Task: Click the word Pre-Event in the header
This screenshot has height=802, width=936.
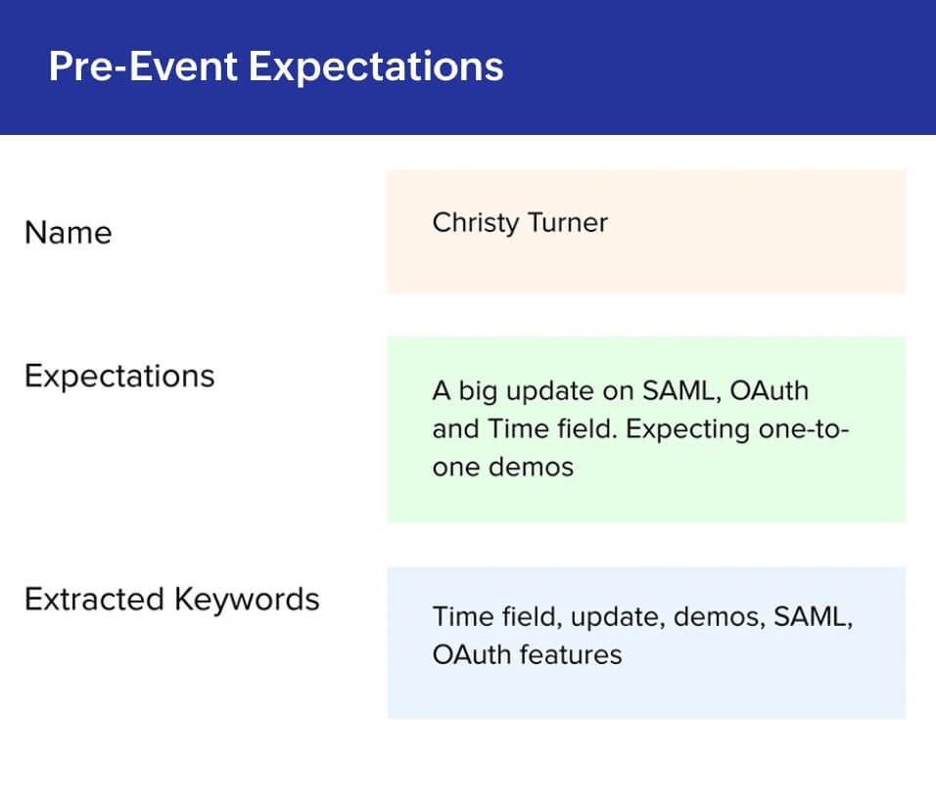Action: click(x=143, y=67)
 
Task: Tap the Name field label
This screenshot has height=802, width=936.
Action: click(x=69, y=233)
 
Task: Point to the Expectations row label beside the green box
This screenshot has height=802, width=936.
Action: click(x=119, y=377)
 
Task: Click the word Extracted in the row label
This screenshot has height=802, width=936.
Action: click(x=94, y=600)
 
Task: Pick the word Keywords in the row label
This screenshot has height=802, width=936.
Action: click(x=247, y=600)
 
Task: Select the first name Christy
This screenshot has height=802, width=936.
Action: click(x=476, y=224)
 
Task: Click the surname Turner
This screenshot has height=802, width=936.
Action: click(x=568, y=222)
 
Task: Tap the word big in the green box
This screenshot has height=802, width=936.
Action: click(x=478, y=392)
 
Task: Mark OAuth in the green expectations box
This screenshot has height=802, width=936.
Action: click(x=769, y=391)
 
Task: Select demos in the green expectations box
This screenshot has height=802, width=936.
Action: click(x=531, y=467)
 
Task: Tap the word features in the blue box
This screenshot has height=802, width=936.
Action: click(x=571, y=654)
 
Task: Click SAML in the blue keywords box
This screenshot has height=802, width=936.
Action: click(x=813, y=618)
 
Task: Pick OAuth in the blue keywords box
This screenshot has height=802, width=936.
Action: click(x=472, y=654)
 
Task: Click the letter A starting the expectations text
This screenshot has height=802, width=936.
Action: click(x=442, y=391)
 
